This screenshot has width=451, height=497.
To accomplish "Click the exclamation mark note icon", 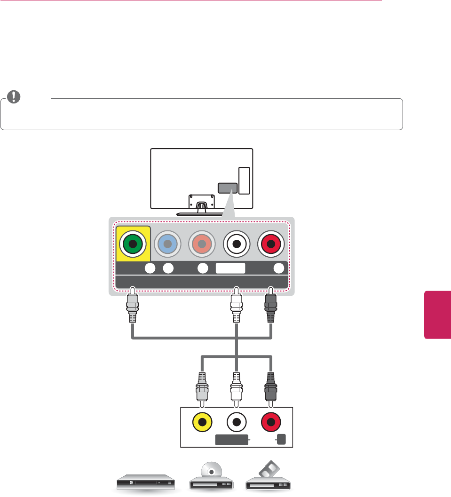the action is click(x=16, y=96).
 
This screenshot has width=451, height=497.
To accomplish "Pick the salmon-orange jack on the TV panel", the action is click(x=203, y=244).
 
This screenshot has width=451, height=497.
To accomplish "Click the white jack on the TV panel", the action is click(x=237, y=244).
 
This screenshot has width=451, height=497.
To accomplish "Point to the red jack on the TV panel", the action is click(x=272, y=244).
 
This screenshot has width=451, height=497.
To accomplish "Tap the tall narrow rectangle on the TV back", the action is click(x=244, y=181).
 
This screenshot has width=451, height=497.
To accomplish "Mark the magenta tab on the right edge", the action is click(x=437, y=314).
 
